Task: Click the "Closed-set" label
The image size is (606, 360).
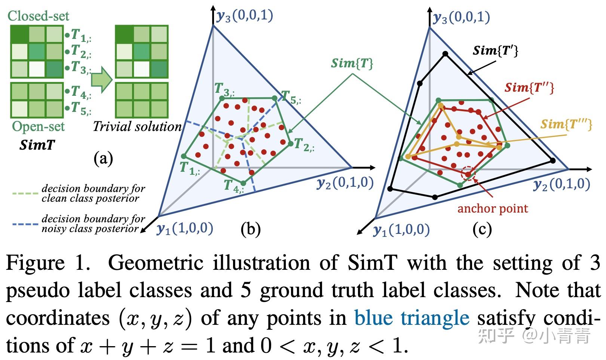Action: (38, 16)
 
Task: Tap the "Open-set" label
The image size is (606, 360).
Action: (38, 126)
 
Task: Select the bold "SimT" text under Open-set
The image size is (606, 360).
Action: (37, 144)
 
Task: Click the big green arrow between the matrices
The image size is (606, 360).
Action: (102, 79)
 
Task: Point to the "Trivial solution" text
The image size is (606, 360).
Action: (137, 126)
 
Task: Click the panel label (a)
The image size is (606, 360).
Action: (103, 159)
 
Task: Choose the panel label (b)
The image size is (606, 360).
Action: (250, 229)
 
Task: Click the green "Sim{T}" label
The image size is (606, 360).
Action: (352, 64)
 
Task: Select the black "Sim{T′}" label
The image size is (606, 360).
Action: (495, 51)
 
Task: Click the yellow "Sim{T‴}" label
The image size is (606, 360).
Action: (566, 124)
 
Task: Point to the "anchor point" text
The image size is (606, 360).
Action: (493, 208)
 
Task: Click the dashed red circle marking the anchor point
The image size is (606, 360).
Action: (468, 174)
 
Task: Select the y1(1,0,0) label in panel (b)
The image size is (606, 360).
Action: (185, 228)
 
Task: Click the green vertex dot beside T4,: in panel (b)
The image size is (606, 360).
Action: (243, 183)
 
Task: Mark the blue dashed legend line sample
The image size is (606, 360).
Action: (25, 224)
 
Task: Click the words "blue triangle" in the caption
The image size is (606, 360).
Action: (411, 318)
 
